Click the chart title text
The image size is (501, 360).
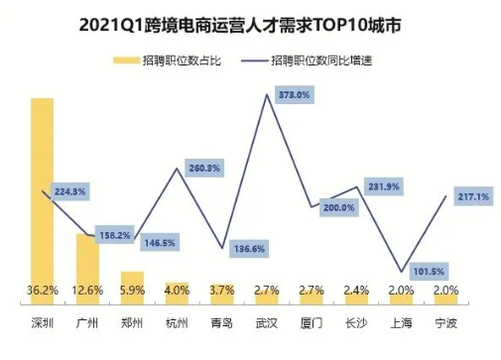pos(251,22)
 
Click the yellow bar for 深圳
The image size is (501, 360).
pos(43,198)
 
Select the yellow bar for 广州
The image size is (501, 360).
pos(87,268)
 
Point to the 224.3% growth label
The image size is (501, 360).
pos(68,191)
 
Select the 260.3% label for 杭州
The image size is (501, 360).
pos(204,168)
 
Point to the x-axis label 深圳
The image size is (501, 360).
pos(43,323)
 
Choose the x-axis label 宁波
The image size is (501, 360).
pos(446,323)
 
